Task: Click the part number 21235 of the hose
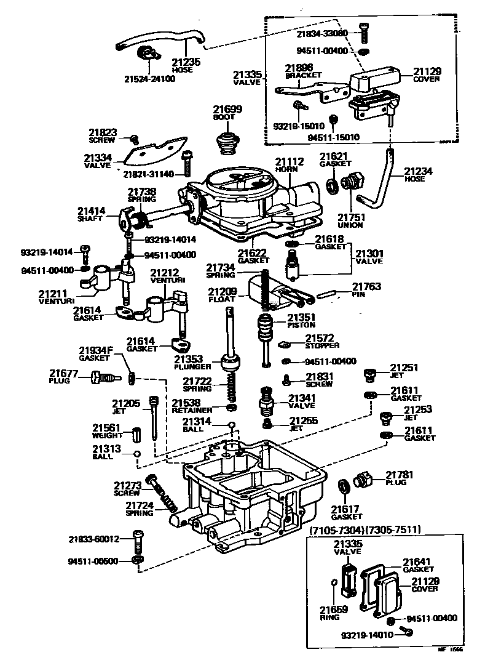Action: coord(186,62)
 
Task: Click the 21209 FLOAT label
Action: coord(222,295)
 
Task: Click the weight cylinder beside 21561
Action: coord(138,433)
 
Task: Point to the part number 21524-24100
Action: coord(150,79)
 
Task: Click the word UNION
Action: coord(350,225)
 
